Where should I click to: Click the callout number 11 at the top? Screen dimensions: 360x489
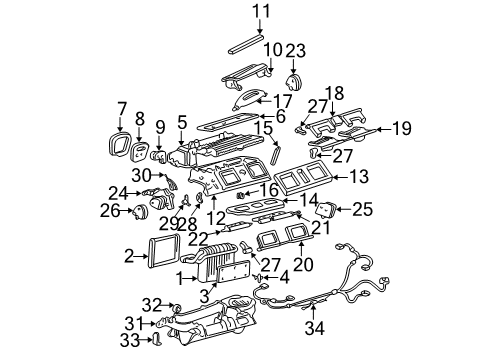coord(261,12)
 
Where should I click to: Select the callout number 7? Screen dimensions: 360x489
coord(122,107)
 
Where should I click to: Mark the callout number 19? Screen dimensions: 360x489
coord(400,128)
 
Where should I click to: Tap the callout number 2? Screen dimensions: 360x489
coord(129,257)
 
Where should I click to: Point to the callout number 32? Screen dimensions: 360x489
coord(151,304)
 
